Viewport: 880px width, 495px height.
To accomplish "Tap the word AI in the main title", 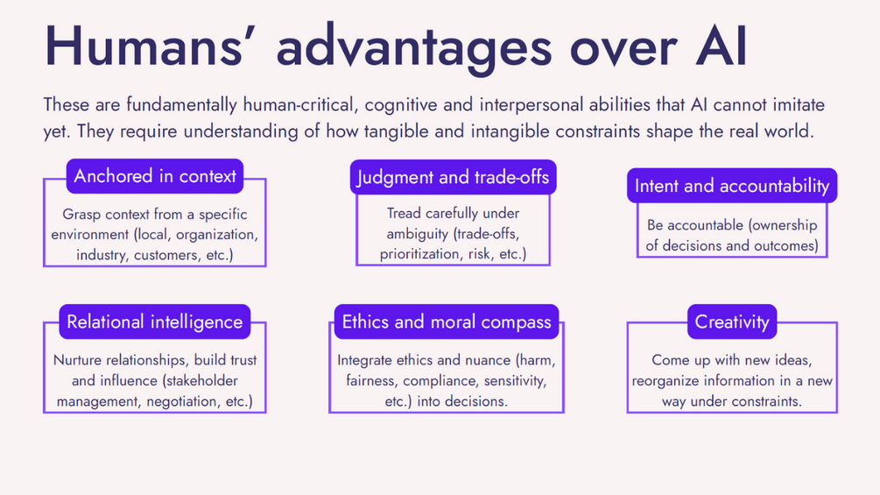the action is coord(722,46).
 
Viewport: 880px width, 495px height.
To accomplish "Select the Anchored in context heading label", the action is coord(155,176).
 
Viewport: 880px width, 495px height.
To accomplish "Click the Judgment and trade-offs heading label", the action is coord(453,177).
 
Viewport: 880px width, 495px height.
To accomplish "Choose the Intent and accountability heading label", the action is coord(732,186).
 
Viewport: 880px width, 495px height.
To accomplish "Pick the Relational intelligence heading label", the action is coord(155,322).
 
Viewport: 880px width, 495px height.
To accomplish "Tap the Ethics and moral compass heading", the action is coord(447,322).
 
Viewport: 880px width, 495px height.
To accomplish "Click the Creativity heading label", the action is coord(732,322).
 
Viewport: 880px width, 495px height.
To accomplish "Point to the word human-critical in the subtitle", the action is coord(300,104).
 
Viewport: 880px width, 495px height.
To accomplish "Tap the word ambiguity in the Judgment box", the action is coord(417,234).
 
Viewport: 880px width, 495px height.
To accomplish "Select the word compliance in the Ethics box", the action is coord(440,381).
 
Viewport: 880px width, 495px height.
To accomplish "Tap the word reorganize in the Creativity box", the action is coord(666,381).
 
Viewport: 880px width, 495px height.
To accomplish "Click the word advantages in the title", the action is coord(414,47).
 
